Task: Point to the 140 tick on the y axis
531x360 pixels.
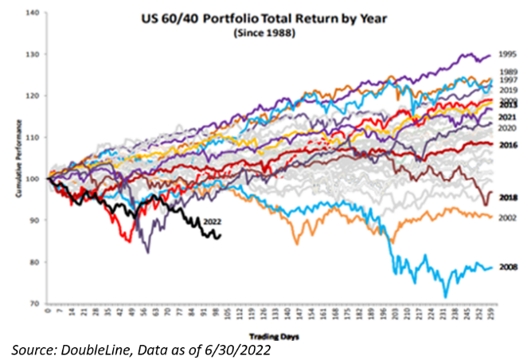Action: (x=33, y=13)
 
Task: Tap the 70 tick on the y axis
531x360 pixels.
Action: (x=35, y=303)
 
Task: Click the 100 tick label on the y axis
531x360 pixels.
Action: (x=33, y=178)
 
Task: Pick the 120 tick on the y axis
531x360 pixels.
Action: (x=33, y=96)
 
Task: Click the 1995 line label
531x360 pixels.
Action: (x=507, y=57)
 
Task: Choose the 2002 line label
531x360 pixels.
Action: (x=507, y=217)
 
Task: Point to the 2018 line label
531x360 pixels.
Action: (x=507, y=197)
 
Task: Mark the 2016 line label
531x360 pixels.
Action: (x=507, y=145)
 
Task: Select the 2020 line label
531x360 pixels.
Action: (x=507, y=128)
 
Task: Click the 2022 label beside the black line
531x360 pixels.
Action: (x=213, y=221)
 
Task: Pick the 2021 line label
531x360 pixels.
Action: (x=507, y=117)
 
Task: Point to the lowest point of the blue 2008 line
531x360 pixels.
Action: (x=446, y=297)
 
